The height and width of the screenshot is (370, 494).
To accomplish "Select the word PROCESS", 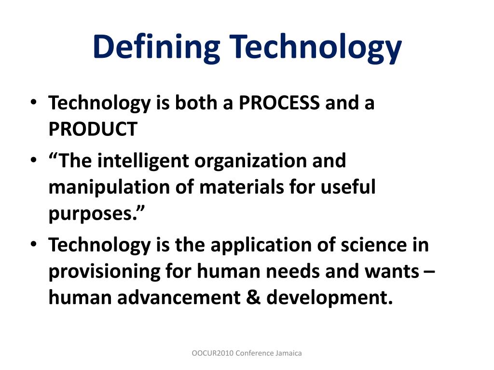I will (279, 103).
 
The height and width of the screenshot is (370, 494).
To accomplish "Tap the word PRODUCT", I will (93, 129).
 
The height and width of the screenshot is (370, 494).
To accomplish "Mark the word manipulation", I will (100, 187).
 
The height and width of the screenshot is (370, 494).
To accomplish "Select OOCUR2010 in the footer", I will (212, 353).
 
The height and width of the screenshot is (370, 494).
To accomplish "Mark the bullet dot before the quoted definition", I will (33, 160).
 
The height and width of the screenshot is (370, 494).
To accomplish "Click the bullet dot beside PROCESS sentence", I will (33, 103).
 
